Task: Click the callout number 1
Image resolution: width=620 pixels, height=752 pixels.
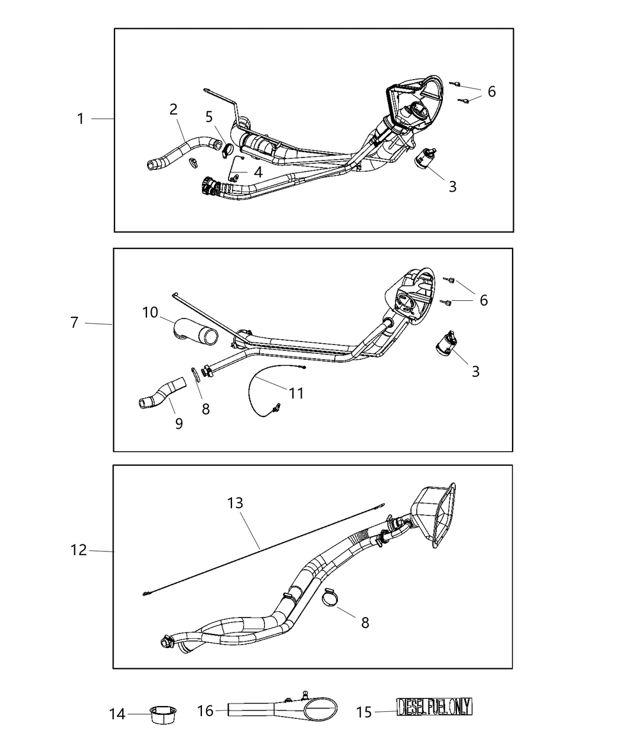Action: click(x=81, y=119)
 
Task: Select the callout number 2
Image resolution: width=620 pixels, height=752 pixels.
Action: click(x=173, y=109)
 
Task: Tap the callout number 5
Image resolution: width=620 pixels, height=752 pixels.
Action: click(x=209, y=117)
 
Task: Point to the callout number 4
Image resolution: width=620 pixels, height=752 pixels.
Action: click(x=258, y=172)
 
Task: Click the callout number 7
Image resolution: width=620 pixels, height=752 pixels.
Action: click(x=74, y=323)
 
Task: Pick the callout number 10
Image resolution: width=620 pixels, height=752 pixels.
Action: click(x=150, y=312)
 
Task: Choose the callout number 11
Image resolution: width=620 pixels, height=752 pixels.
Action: click(x=296, y=392)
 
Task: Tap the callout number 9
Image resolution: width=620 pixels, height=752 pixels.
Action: click(x=179, y=423)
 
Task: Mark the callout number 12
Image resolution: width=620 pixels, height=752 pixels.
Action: click(x=79, y=550)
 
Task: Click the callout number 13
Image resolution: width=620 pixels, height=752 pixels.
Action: click(x=236, y=503)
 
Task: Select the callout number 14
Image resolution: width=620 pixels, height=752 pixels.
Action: click(x=118, y=714)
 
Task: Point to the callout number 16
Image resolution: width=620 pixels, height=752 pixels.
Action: click(x=205, y=711)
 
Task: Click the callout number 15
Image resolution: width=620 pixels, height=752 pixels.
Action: click(x=364, y=712)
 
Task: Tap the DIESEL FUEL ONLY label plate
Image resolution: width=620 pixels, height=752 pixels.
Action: click(x=435, y=707)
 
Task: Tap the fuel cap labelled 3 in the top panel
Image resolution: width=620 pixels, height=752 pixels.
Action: click(x=423, y=159)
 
